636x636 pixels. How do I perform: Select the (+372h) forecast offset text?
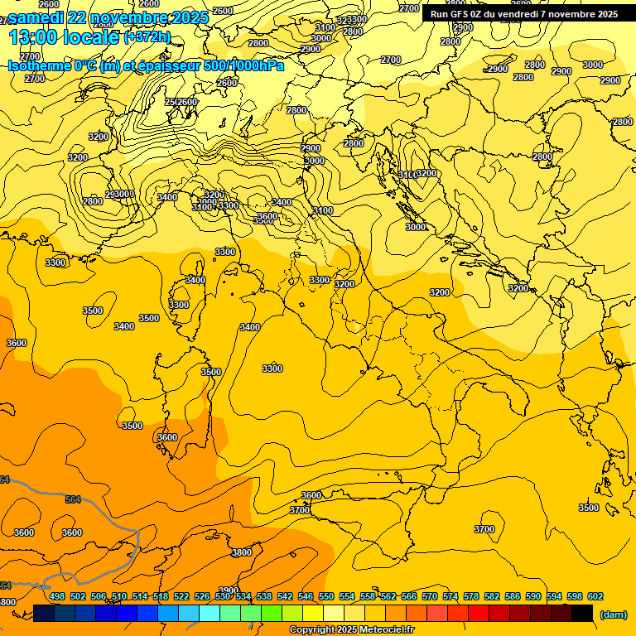pyautogui.click(x=147, y=37)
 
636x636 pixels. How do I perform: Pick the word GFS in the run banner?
pyautogui.click(x=459, y=14)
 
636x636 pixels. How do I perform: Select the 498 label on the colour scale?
pyautogui.click(x=57, y=596)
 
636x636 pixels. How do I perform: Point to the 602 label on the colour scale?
pyautogui.click(x=595, y=596)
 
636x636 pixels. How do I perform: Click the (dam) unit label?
pyautogui.click(x=614, y=614)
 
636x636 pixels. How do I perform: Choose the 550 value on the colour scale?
pyautogui.click(x=326, y=596)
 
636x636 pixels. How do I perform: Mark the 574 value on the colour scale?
pyautogui.click(x=450, y=596)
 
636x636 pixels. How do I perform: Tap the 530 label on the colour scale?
pyautogui.click(x=223, y=596)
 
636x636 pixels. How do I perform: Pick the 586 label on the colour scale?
pyautogui.click(x=513, y=596)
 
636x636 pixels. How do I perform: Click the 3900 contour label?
pyautogui.click(x=229, y=590)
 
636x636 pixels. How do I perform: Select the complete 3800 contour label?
pyautogui.click(x=242, y=552)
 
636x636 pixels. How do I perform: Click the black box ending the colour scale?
pyautogui.click(x=582, y=613)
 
